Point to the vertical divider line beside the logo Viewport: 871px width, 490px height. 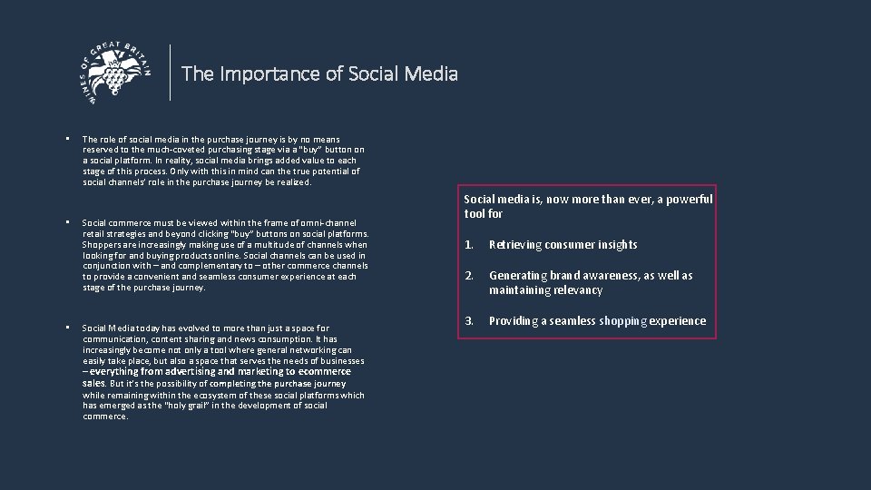pos(171,73)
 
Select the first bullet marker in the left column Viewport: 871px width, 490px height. pos(68,139)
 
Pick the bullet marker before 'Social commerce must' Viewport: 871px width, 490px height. pos(68,222)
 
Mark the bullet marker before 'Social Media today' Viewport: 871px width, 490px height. pos(68,328)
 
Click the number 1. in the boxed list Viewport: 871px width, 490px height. pos(469,245)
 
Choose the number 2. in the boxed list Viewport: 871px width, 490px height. pos(469,276)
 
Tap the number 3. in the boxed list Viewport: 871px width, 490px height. pos(469,321)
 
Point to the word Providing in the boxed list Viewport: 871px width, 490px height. pos(515,321)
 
